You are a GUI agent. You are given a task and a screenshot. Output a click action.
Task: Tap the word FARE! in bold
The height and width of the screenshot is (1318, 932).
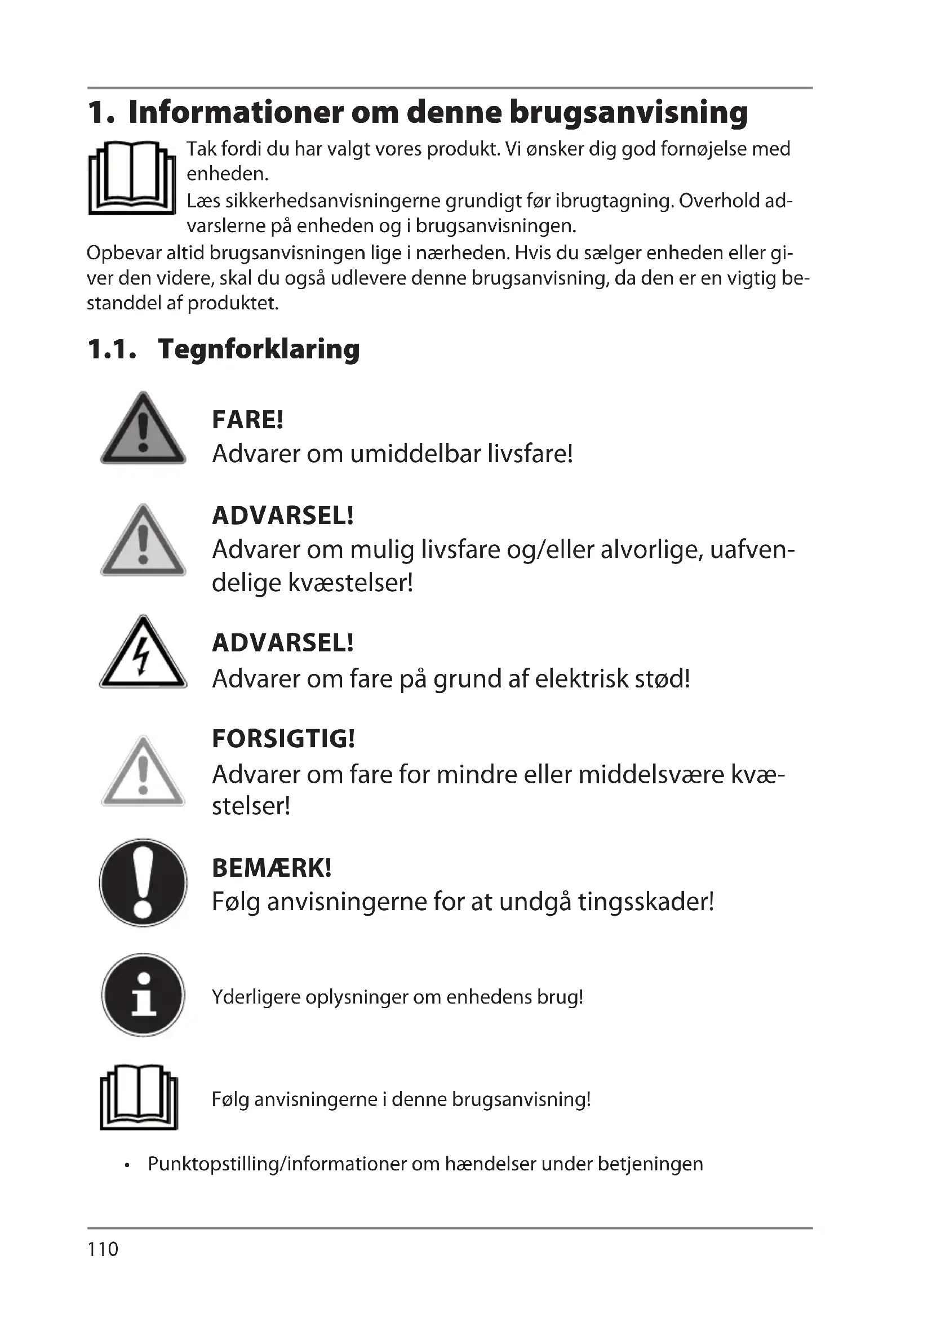[x=248, y=420]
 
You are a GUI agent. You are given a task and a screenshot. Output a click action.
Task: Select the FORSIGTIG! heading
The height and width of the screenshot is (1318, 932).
[x=283, y=738]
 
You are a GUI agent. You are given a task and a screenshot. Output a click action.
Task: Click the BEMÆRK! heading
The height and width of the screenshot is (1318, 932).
[x=272, y=867]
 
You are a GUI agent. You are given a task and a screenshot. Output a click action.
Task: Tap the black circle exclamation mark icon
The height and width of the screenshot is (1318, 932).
[x=143, y=883]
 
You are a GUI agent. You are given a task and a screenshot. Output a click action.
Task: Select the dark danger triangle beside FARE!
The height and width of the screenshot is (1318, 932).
[x=143, y=431]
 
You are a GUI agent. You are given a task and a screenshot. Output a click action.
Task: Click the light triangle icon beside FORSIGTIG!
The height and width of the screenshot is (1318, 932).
[x=143, y=772]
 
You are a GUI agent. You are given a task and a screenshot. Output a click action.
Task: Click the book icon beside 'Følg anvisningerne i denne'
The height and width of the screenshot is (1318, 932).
[x=139, y=1099]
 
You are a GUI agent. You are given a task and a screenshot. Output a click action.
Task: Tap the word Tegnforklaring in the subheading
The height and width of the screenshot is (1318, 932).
[x=259, y=349]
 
